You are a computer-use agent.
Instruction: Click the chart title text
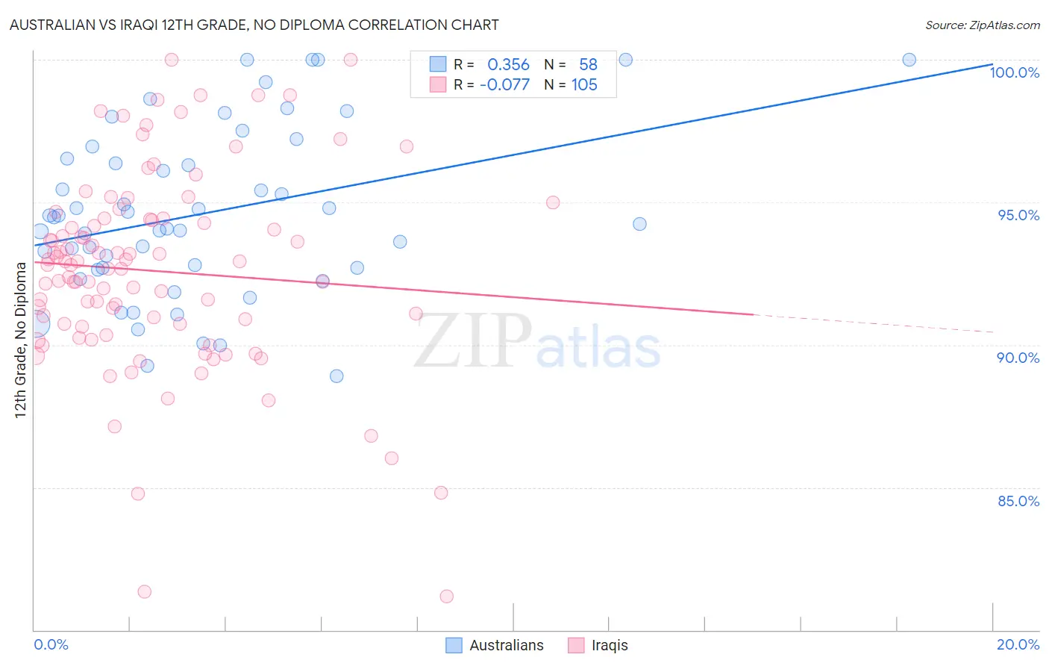pyautogui.click(x=254, y=25)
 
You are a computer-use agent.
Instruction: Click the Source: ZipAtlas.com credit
pyautogui.click(x=982, y=25)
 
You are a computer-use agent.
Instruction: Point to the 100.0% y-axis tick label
pyautogui.click(x=1014, y=72)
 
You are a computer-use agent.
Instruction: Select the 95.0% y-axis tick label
pyautogui.click(x=1018, y=215)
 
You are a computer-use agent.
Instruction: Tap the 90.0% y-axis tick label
pyautogui.click(x=1018, y=358)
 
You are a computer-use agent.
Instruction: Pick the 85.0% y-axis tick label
pyautogui.click(x=1018, y=501)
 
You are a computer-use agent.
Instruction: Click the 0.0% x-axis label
pyautogui.click(x=51, y=644)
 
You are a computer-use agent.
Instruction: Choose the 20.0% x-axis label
pyautogui.click(x=1018, y=644)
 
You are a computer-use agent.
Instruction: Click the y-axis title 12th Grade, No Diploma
pyautogui.click(x=21, y=340)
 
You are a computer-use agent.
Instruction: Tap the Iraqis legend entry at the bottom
pyautogui.click(x=609, y=645)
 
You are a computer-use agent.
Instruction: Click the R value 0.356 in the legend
pyautogui.click(x=508, y=65)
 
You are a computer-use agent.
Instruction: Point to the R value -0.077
pyautogui.click(x=504, y=85)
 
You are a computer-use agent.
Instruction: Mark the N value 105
pyautogui.click(x=584, y=85)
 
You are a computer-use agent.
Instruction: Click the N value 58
pyautogui.click(x=588, y=65)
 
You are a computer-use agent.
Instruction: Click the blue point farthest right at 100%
pyautogui.click(x=909, y=60)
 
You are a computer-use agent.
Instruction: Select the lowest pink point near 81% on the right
pyautogui.click(x=446, y=596)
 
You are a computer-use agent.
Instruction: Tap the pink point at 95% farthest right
pyautogui.click(x=553, y=202)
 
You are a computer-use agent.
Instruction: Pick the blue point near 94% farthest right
pyautogui.click(x=639, y=224)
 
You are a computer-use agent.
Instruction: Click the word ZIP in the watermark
pyautogui.click(x=473, y=340)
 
